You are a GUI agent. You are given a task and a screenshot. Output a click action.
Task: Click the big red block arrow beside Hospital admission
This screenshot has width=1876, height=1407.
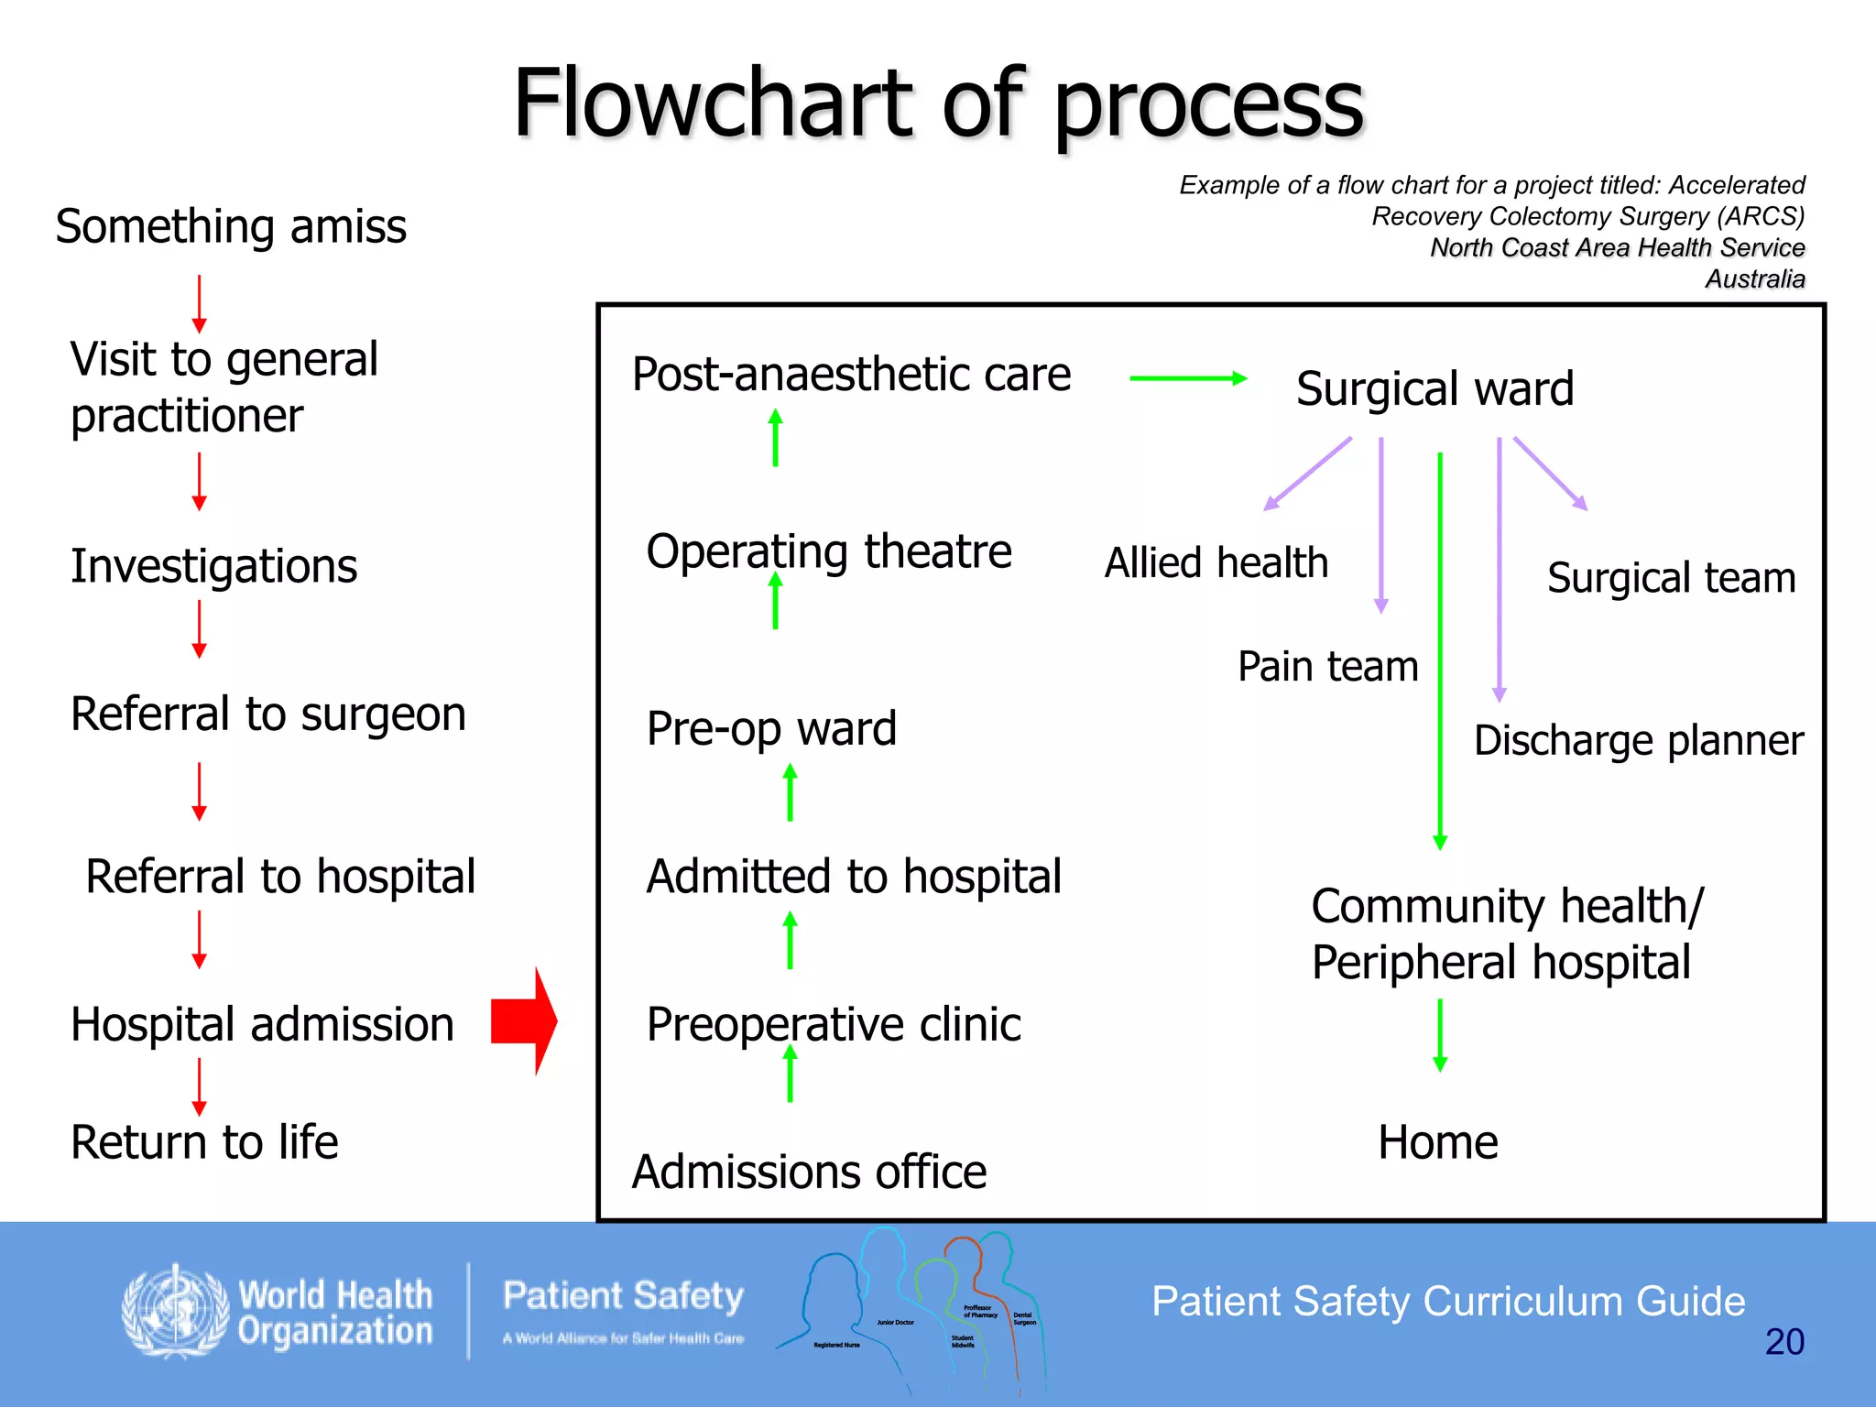524,1020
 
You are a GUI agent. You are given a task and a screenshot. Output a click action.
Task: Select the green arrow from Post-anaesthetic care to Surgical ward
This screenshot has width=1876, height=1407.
1188,378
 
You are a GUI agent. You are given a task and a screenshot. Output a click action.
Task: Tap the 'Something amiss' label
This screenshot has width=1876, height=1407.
231,226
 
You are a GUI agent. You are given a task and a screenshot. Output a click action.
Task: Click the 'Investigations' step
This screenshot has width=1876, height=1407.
213,566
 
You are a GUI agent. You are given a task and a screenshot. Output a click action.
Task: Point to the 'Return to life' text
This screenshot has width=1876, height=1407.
204,1142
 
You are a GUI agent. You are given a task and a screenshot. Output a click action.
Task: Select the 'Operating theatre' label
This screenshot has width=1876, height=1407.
829,552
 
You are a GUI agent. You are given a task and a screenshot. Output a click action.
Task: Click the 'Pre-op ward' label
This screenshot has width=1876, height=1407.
771,729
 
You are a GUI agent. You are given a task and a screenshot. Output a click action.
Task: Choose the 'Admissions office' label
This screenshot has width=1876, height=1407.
809,1172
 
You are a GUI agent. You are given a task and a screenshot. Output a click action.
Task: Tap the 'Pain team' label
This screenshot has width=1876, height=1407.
1327,666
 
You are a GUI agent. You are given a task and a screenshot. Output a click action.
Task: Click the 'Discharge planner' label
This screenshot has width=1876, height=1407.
1638,740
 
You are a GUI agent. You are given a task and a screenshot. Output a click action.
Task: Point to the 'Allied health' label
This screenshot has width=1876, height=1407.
1216,562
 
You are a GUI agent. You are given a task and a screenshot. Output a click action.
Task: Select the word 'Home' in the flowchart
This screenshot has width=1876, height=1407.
1437,1142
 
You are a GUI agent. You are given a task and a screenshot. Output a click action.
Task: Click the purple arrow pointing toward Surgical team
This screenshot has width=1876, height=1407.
1550,473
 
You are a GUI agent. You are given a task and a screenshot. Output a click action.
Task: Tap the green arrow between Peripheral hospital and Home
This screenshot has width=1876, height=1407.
1440,1035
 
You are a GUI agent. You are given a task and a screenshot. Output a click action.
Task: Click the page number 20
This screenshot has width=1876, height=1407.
1783,1342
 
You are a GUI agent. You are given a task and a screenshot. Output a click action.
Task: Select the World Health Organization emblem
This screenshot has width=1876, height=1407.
175,1311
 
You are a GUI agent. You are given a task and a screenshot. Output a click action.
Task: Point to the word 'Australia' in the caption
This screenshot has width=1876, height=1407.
1754,278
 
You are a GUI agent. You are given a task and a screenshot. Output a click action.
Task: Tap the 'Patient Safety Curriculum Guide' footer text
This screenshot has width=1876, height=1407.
1447,1302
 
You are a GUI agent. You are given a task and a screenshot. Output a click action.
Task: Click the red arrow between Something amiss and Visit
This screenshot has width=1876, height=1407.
199,303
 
